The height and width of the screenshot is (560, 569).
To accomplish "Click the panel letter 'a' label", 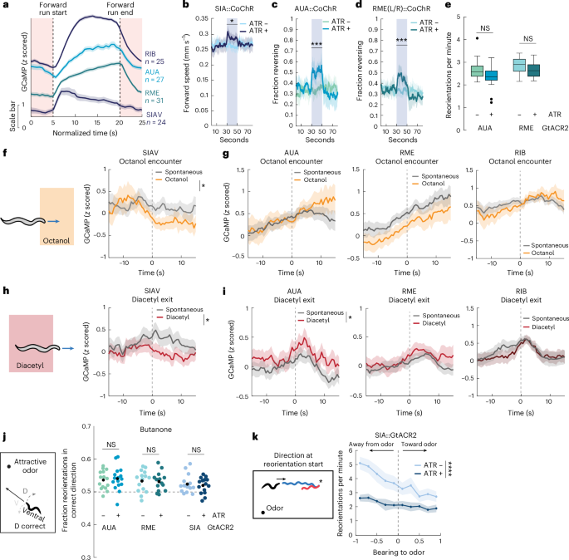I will pos(5,6).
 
